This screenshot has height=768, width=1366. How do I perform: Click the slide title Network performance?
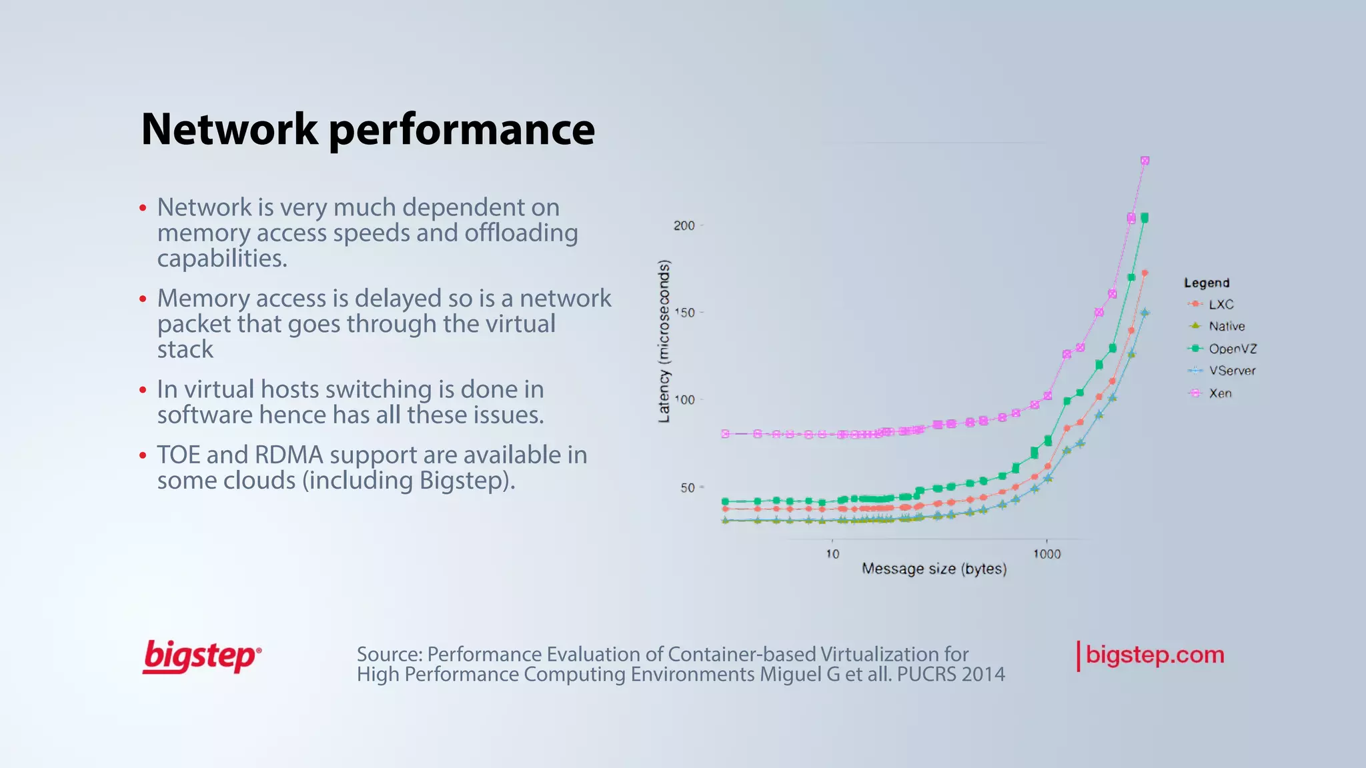click(x=368, y=129)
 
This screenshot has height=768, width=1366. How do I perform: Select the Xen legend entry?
click(x=1220, y=393)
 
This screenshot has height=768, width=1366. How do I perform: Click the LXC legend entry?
click(x=1221, y=305)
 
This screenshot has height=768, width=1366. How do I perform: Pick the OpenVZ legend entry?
click(x=1232, y=349)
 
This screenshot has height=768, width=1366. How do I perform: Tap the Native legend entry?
click(x=1226, y=327)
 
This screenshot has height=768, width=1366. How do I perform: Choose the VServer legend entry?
click(x=1231, y=371)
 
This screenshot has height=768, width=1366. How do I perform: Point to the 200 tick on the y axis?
click(x=684, y=225)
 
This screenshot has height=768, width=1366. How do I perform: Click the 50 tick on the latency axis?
click(x=687, y=488)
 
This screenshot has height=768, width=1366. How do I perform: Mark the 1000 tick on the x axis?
click(x=1047, y=554)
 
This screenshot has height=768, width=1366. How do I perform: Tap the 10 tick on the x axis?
click(x=832, y=554)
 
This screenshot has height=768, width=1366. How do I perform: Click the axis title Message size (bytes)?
click(x=934, y=569)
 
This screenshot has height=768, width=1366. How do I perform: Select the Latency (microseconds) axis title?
click(x=664, y=341)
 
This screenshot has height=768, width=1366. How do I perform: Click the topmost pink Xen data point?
click(x=1145, y=161)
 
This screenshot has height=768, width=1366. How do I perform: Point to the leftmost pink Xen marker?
click(x=726, y=434)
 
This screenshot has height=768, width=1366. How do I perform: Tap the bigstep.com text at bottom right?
click(x=1155, y=655)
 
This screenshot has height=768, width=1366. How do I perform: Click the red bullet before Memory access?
click(x=143, y=299)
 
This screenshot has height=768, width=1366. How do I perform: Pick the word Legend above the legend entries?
click(x=1206, y=283)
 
